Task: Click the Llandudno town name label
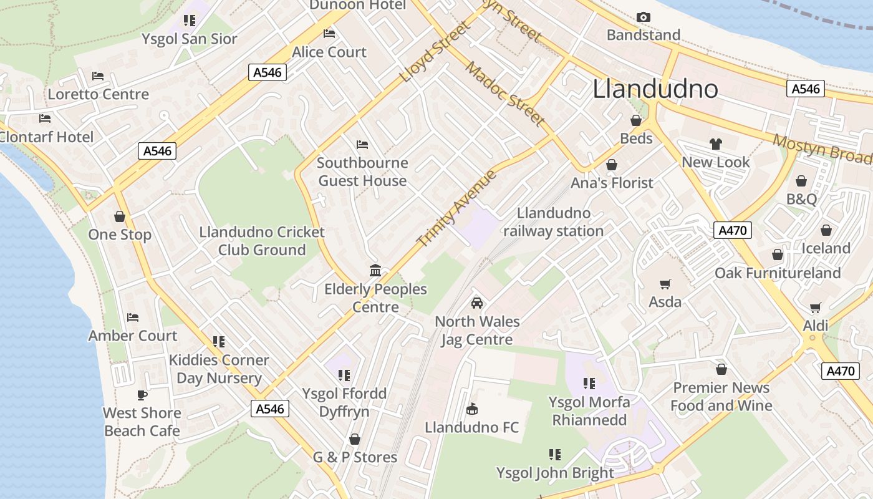655,89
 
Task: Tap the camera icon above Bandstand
644,17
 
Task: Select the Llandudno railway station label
554,222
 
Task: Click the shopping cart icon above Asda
665,284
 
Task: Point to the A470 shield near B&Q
732,230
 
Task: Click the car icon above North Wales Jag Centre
477,303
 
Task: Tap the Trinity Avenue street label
457,208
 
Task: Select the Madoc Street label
505,94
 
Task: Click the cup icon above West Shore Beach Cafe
142,395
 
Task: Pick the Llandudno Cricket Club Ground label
262,241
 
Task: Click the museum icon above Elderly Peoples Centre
375,271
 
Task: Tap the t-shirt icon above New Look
715,144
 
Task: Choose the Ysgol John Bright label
555,473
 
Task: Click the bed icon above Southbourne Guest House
362,145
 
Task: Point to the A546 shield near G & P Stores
271,409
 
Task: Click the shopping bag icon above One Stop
120,216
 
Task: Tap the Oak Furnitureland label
778,273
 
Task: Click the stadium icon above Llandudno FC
472,409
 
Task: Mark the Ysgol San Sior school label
190,39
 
